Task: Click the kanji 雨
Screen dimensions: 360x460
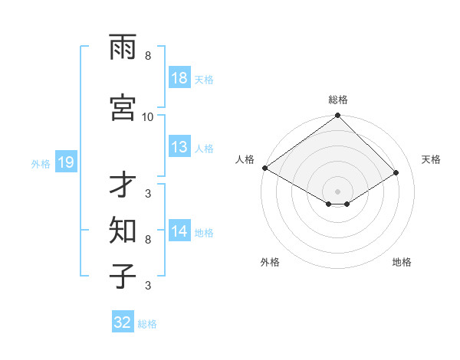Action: coord(123,48)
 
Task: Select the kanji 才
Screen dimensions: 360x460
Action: coord(123,185)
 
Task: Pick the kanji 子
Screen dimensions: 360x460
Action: coord(123,275)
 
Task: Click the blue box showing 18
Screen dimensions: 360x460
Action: coord(179,79)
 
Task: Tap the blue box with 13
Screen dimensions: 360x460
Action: coord(179,148)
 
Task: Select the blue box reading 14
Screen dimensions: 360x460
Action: coord(179,232)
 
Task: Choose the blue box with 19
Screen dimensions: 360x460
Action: coord(65,162)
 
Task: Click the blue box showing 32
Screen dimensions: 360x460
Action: coord(123,322)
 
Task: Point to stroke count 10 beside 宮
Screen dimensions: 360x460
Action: coord(148,116)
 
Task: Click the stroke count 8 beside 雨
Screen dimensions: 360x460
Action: coord(148,56)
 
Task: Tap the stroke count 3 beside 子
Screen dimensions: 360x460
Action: coord(148,285)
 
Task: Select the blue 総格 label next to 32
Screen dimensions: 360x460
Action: coord(147,324)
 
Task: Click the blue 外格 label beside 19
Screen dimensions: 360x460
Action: coord(40,163)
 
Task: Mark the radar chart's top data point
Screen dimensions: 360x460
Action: coord(337,116)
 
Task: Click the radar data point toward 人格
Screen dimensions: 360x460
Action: coord(264,168)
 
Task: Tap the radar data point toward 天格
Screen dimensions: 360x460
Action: coord(396,173)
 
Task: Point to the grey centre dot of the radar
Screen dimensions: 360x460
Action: coord(337,191)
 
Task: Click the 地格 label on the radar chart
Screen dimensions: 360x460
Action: coord(402,262)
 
